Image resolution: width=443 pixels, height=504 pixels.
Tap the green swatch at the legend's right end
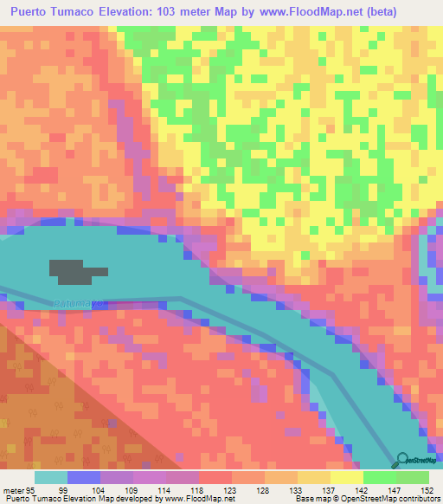[412, 477]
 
